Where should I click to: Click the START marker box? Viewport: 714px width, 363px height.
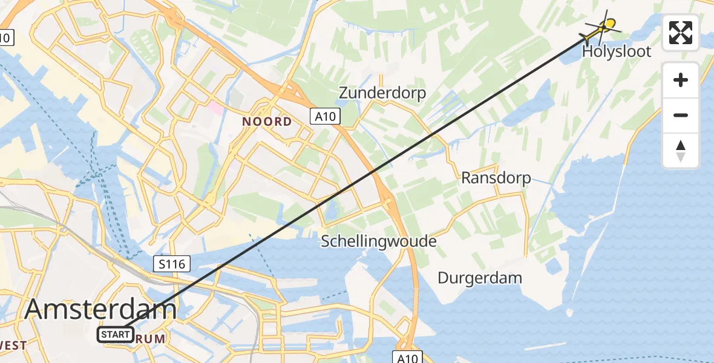coord(116,334)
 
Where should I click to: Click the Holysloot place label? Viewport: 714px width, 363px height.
coord(617,51)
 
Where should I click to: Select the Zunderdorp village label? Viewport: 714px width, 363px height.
coord(382,93)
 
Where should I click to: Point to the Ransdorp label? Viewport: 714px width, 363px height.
coord(496,178)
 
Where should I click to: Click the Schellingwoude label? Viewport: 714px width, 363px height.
coord(379,241)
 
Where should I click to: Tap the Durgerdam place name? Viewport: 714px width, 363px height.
coord(480,278)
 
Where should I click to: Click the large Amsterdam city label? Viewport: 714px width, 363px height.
coord(100,310)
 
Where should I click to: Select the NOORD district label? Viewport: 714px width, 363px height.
coord(267,122)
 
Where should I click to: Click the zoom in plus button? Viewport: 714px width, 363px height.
coord(681,80)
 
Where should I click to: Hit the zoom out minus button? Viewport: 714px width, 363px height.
coord(681,115)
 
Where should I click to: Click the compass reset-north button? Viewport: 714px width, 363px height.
coord(681,151)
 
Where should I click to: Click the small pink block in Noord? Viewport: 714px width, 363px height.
coord(215,110)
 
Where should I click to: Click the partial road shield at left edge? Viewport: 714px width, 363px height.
coord(5,38)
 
